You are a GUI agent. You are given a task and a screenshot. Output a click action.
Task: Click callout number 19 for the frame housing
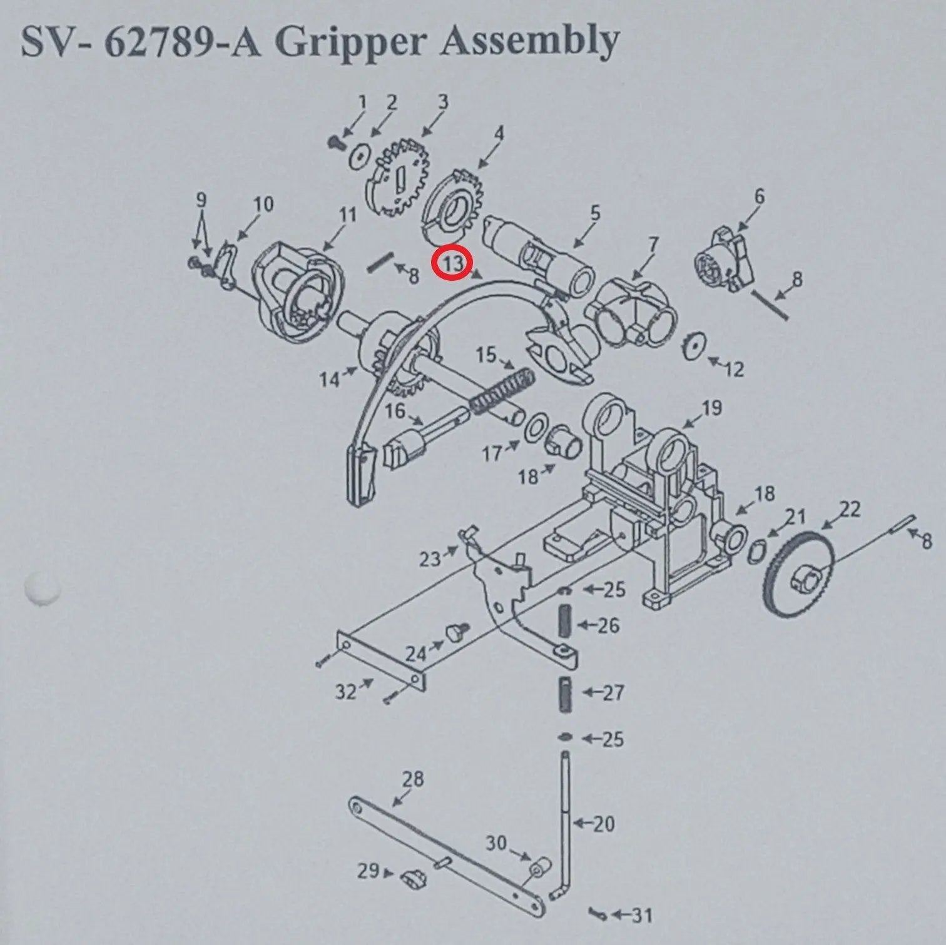pyautogui.click(x=711, y=408)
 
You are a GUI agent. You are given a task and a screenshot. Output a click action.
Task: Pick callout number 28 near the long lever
pyautogui.click(x=413, y=779)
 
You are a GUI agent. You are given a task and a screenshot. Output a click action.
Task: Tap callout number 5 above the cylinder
pyautogui.click(x=594, y=213)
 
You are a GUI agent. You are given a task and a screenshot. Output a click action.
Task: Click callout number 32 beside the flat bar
pyautogui.click(x=346, y=691)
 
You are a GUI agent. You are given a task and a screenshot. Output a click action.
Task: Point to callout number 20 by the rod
pyautogui.click(x=603, y=824)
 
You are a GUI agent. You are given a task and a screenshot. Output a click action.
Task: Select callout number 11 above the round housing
pyautogui.click(x=347, y=215)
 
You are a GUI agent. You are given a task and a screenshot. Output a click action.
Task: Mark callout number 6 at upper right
pyautogui.click(x=759, y=196)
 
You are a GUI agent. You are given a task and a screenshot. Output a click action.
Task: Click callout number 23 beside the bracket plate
pyautogui.click(x=430, y=558)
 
